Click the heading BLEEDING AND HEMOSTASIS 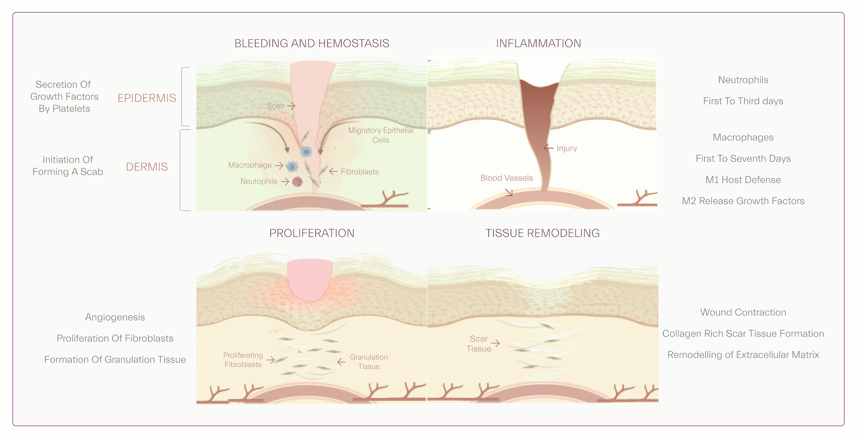[x=312, y=43]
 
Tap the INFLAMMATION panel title [x=538, y=43]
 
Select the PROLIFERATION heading [x=312, y=233]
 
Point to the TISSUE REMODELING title [x=542, y=233]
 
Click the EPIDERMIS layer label [x=147, y=98]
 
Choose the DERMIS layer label [x=147, y=167]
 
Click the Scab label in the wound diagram [x=276, y=106]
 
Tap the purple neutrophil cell [x=297, y=182]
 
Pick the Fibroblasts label [x=360, y=172]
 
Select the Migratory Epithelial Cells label [x=381, y=135]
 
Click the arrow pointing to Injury [x=548, y=148]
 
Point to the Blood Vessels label [x=506, y=178]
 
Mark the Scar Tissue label [x=479, y=344]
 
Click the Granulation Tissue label [x=369, y=362]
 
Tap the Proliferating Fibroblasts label [x=243, y=360]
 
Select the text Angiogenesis [x=115, y=317]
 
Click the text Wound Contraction [x=743, y=312]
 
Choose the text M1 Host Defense [x=743, y=180]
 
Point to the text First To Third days [x=743, y=101]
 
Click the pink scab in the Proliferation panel [x=309, y=279]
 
